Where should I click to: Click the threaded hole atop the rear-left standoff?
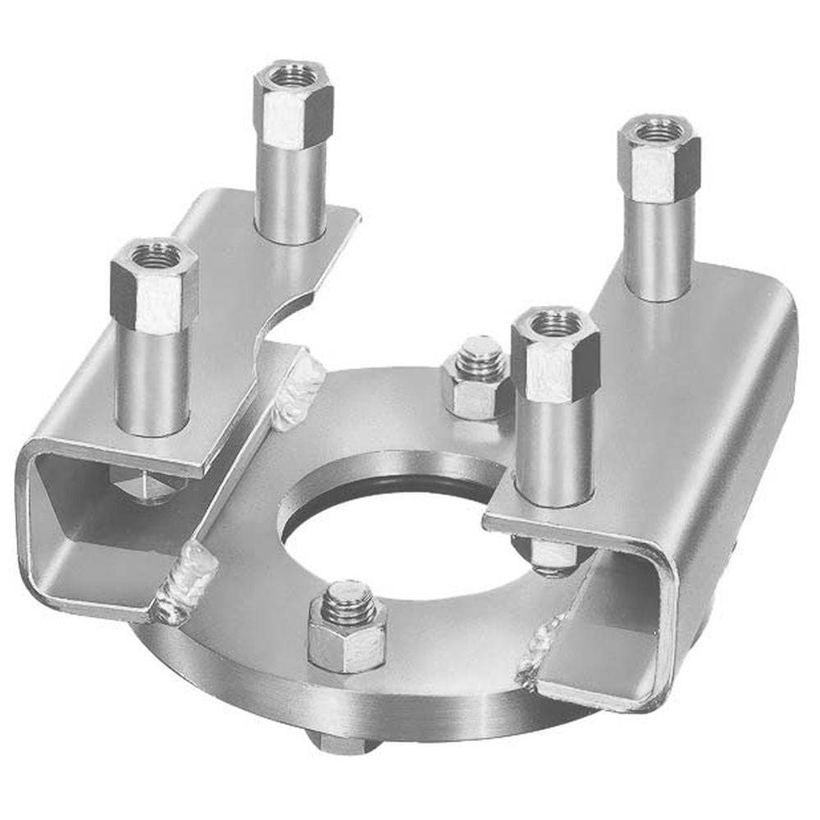[x=293, y=76]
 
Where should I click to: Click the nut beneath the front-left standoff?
[x=148, y=484]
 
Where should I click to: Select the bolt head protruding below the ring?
[x=340, y=742]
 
